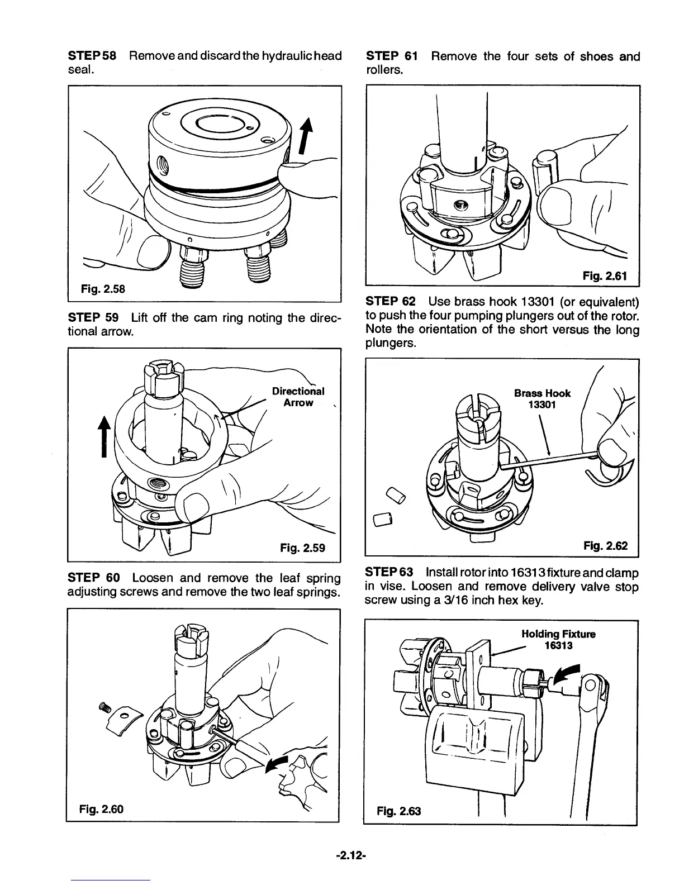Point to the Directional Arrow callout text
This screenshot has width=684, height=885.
[298, 397]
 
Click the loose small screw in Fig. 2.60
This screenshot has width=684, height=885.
[103, 707]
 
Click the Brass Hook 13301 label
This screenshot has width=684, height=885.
[542, 398]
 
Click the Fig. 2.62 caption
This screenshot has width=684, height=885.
[605, 546]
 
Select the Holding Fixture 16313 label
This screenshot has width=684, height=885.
[558, 640]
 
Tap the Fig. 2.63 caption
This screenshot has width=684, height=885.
[399, 811]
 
